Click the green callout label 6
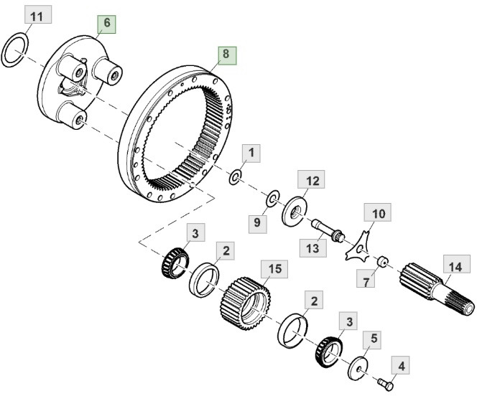tap(106, 24)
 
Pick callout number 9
tap(257, 223)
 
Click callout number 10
tap(379, 213)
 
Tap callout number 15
tap(274, 270)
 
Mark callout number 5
tap(374, 336)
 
